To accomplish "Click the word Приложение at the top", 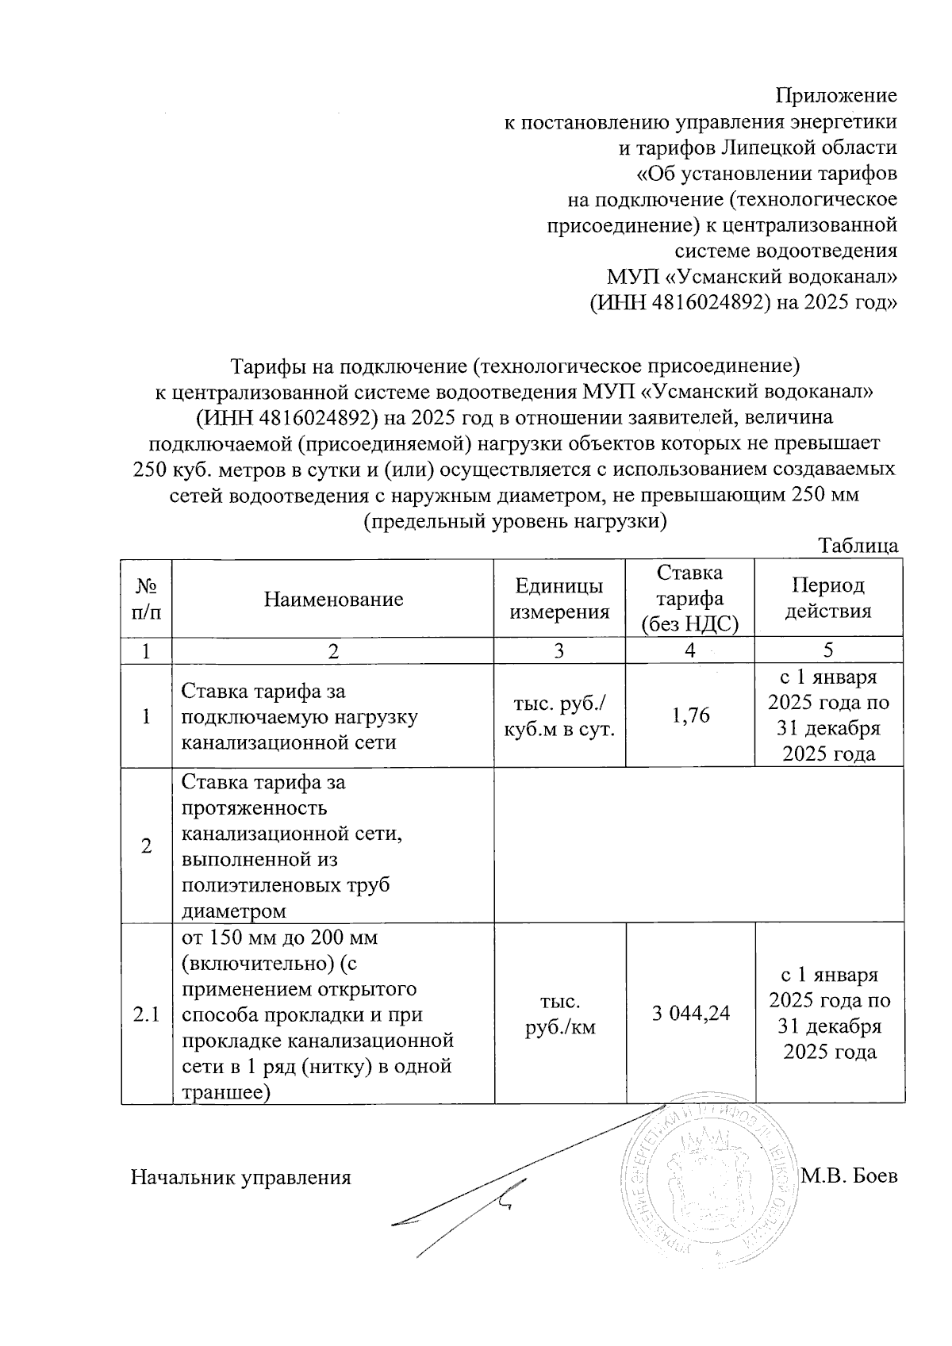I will tap(835, 96).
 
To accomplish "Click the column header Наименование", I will tap(333, 599).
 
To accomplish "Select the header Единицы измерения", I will tap(559, 599).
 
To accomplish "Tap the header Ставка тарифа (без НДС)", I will tap(690, 599).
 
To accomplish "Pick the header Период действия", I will tap(828, 599).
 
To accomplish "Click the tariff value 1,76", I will tap(690, 716).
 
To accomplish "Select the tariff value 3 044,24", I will tap(691, 1013).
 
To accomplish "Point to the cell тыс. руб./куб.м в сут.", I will tap(559, 716).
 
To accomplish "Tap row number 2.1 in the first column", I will tap(147, 1014).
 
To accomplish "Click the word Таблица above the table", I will tap(858, 546).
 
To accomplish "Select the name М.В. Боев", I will tap(849, 1176).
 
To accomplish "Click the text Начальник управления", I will tap(240, 1177).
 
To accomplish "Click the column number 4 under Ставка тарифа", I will tap(690, 650).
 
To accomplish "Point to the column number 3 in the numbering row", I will tap(559, 650).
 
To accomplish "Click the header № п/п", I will tap(147, 599).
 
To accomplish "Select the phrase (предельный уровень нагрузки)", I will tap(514, 521).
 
